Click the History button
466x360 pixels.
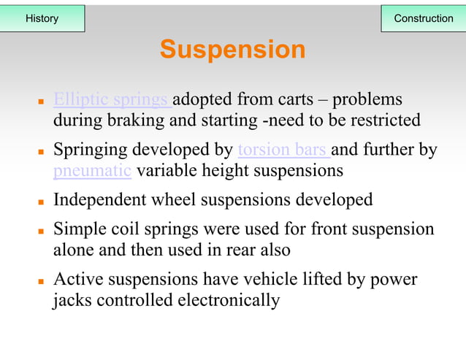click(42, 18)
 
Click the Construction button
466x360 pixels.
click(423, 18)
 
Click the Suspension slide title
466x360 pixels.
click(232, 50)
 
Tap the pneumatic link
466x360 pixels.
click(92, 172)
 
